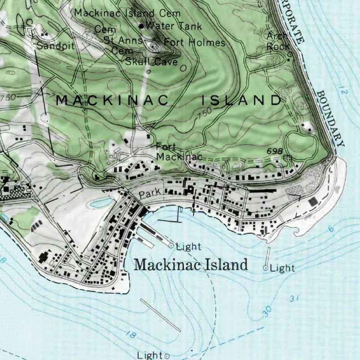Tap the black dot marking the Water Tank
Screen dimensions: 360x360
[x=141, y=26]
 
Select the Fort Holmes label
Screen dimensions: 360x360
[x=194, y=43]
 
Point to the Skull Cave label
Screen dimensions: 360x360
[x=151, y=62]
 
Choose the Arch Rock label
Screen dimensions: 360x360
[x=277, y=40]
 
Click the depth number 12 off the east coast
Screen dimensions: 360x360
[x=344, y=92]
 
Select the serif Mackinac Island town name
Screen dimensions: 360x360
[x=191, y=265]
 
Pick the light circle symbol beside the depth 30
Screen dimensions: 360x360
[x=266, y=268]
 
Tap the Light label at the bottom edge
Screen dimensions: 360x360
[x=150, y=355]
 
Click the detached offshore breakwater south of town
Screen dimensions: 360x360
[x=160, y=315]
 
